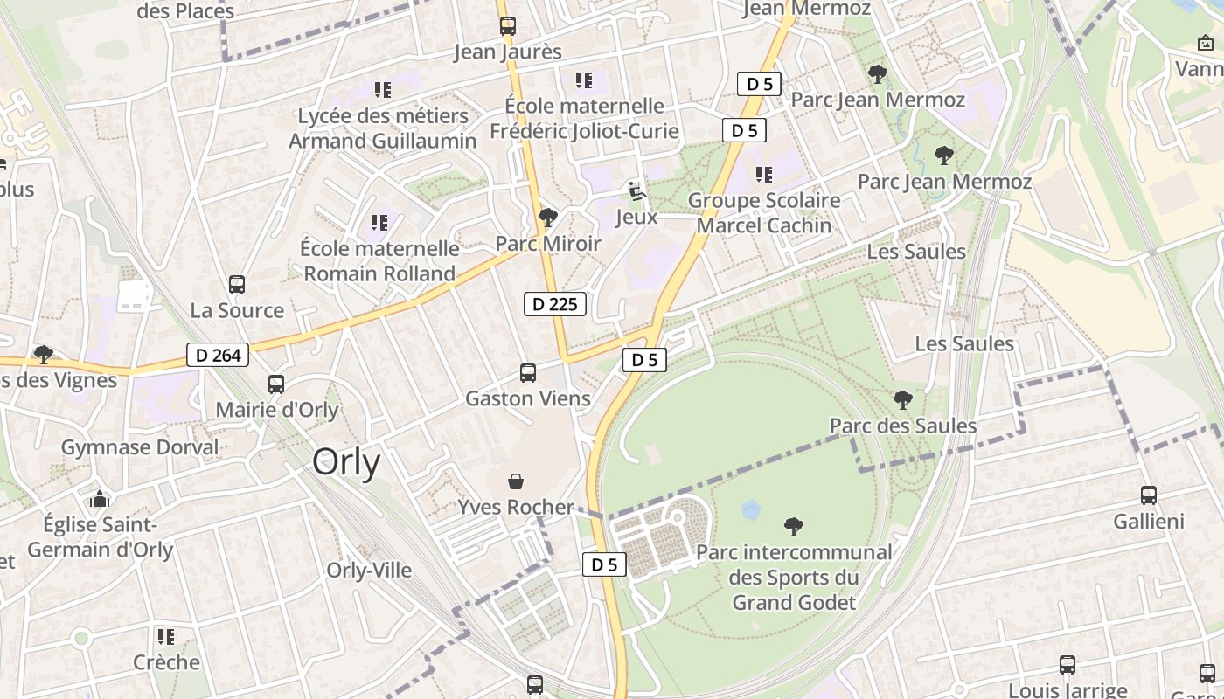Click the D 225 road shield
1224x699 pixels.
coord(555,304)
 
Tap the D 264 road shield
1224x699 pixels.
coord(218,355)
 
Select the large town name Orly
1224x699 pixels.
coord(346,462)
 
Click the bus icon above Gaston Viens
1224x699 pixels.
coord(528,373)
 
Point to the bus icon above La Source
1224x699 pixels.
coord(237,284)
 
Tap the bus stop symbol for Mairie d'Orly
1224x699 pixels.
coord(276,384)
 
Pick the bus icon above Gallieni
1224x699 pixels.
coord(1149,495)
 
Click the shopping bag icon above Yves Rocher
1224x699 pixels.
coord(516,481)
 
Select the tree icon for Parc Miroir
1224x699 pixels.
coord(548,217)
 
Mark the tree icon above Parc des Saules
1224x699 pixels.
coord(903,400)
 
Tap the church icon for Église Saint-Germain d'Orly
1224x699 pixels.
coord(100,499)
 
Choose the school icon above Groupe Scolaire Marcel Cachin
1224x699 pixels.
coord(764,175)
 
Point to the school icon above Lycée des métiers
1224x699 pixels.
coord(382,89)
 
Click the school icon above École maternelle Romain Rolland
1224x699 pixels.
coord(379,223)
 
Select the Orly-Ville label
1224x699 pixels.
coord(369,570)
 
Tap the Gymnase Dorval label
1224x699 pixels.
coord(140,447)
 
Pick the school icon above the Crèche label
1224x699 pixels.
coord(166,636)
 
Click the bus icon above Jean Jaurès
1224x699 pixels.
coord(508,25)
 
